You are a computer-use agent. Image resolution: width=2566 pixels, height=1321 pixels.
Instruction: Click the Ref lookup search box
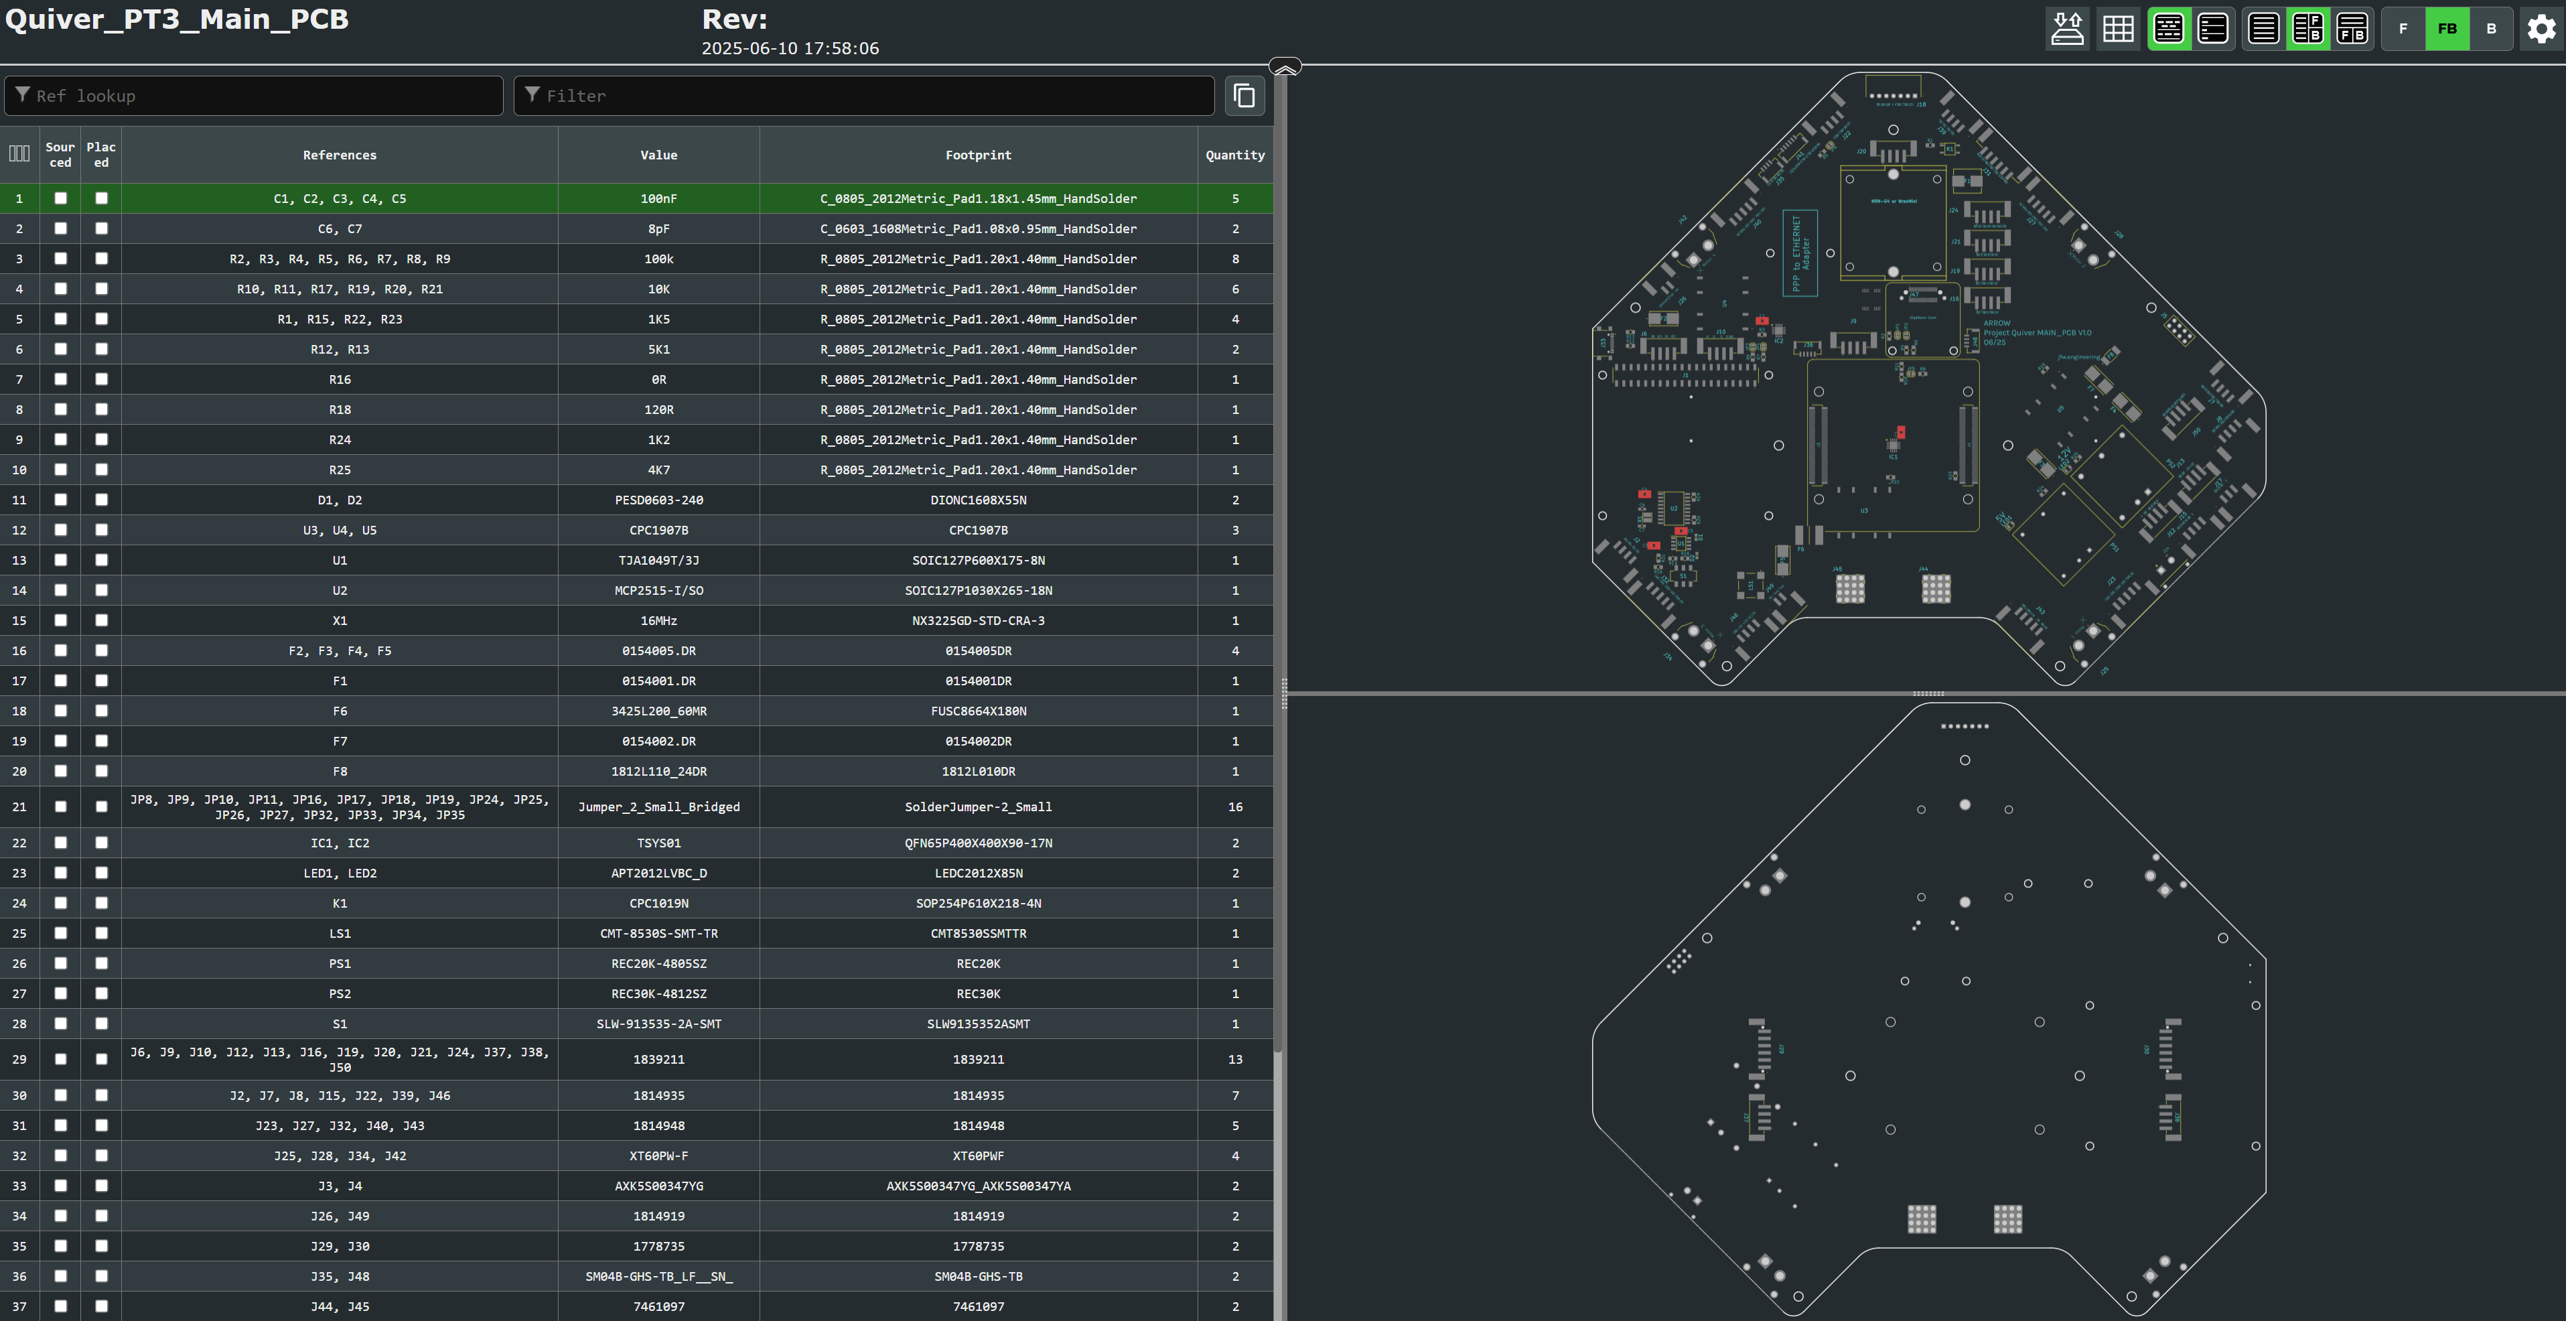click(254, 96)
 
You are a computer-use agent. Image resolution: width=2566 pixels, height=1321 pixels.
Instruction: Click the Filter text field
click(863, 96)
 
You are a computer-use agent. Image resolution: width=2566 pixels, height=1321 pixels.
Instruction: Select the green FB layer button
click(2447, 29)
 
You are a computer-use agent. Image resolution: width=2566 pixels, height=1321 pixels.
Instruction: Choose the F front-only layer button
click(2403, 29)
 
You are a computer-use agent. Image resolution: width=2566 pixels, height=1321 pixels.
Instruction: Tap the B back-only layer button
click(2491, 29)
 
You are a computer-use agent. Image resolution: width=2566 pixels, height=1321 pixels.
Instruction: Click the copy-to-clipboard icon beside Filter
click(1244, 96)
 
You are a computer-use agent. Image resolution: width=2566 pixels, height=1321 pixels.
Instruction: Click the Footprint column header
click(977, 155)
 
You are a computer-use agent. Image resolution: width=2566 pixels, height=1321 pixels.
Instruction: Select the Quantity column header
click(1234, 155)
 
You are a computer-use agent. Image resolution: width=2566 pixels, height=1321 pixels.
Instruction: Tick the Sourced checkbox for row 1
click(61, 198)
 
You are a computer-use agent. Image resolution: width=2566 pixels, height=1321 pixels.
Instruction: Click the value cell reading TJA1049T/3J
click(658, 560)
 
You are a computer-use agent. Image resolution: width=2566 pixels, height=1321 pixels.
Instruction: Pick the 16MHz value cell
click(658, 621)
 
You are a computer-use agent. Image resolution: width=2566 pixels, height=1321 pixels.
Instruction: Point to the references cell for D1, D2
click(340, 500)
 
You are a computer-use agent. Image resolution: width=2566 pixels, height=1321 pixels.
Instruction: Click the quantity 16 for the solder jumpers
click(1235, 807)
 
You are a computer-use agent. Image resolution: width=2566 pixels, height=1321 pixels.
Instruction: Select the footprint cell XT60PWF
click(977, 1156)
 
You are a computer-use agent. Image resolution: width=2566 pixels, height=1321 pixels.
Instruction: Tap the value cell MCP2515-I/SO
click(658, 591)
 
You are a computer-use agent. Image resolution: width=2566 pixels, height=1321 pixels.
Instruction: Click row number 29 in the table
click(19, 1059)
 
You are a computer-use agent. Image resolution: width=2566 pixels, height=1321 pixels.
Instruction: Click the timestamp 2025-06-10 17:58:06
click(790, 48)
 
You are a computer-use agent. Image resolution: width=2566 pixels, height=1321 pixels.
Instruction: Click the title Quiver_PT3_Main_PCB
click(176, 20)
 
